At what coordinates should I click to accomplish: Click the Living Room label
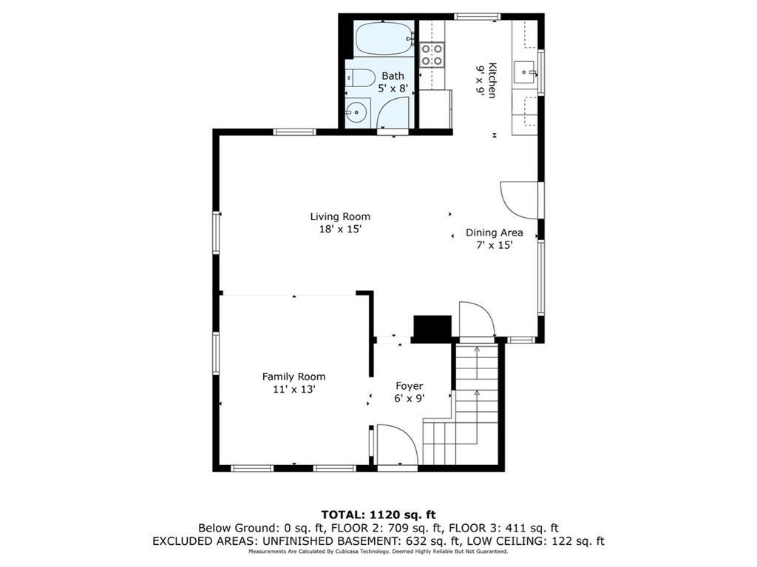pyautogui.click(x=340, y=216)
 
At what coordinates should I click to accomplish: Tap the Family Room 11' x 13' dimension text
pyautogui.click(x=293, y=389)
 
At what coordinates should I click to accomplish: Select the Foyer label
pyautogui.click(x=410, y=385)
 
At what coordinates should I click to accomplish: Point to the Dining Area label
pyautogui.click(x=494, y=233)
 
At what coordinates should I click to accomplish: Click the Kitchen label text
pyautogui.click(x=492, y=80)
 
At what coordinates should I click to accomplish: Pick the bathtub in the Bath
pyautogui.click(x=384, y=38)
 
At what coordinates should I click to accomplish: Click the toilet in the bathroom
pyautogui.click(x=361, y=78)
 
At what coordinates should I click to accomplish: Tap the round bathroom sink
pyautogui.click(x=357, y=112)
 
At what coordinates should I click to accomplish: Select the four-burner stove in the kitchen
pyautogui.click(x=432, y=55)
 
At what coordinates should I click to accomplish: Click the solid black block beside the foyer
pyautogui.click(x=432, y=329)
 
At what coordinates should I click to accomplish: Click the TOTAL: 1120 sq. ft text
pyautogui.click(x=378, y=515)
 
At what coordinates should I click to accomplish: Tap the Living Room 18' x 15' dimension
pyautogui.click(x=340, y=230)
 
